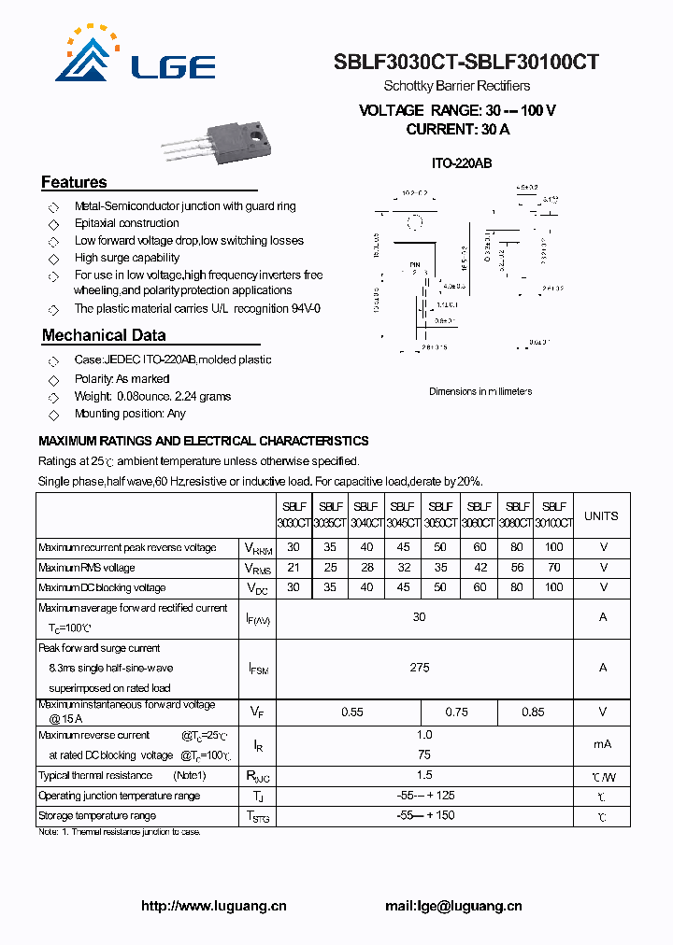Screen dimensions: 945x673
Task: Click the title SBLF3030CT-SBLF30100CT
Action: (x=466, y=63)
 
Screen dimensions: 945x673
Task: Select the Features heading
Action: (x=74, y=182)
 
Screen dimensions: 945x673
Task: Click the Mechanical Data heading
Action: (x=104, y=335)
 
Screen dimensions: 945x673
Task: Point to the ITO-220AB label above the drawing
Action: (x=461, y=163)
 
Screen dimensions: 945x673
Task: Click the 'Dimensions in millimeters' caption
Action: (x=480, y=391)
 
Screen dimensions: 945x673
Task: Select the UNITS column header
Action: (x=601, y=515)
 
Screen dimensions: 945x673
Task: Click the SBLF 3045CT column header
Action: (x=403, y=515)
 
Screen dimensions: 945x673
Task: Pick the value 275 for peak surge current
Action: (x=419, y=668)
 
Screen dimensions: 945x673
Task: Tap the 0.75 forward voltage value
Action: (x=456, y=712)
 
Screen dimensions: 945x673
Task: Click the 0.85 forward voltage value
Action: (x=533, y=712)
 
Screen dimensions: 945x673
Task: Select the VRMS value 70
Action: (x=553, y=568)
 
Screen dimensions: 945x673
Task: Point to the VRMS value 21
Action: (x=294, y=568)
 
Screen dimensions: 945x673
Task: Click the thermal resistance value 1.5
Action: (x=424, y=775)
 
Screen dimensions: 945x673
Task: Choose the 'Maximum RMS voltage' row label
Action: (x=87, y=568)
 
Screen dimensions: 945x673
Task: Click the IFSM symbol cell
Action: (x=258, y=669)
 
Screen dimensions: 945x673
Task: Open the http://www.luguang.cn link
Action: (x=214, y=906)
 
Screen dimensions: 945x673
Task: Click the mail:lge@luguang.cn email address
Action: (x=453, y=906)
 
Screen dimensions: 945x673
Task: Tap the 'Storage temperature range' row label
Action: (x=97, y=816)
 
